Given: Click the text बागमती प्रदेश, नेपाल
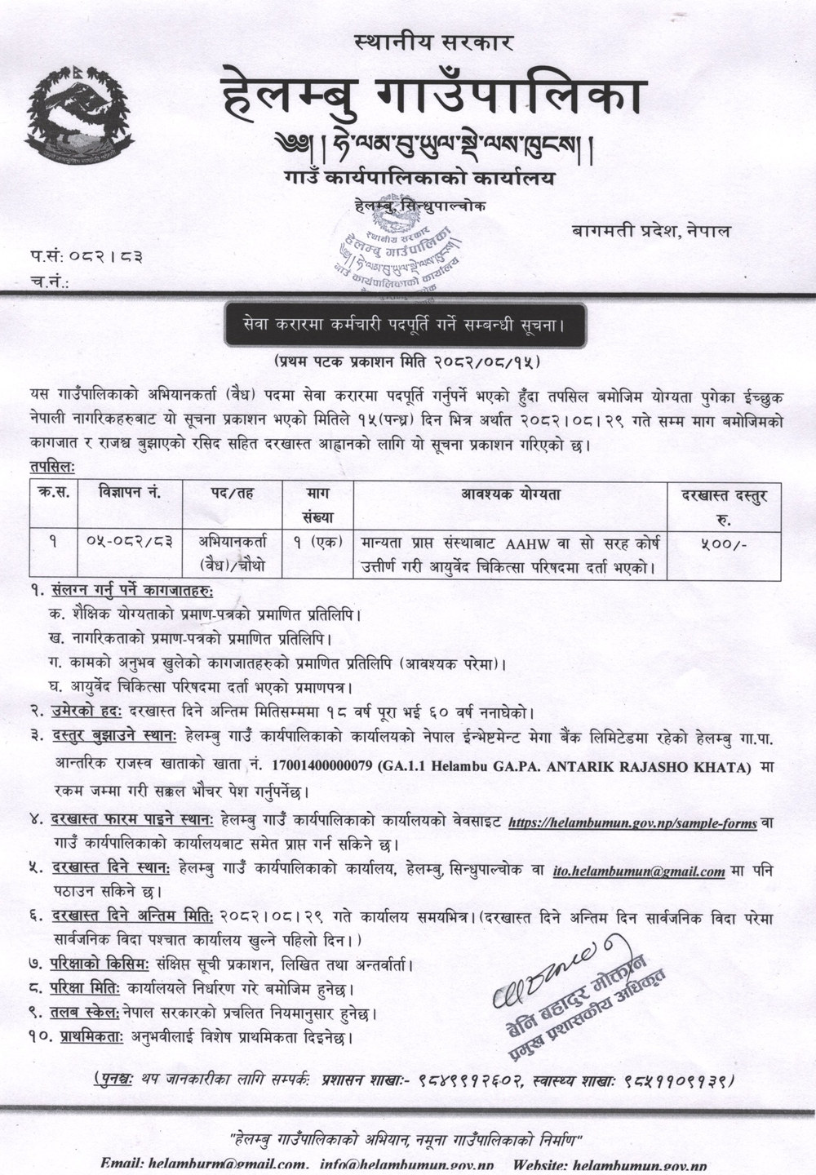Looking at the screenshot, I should [x=651, y=231].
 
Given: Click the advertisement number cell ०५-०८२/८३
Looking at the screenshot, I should [x=130, y=543].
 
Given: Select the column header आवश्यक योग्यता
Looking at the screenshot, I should [x=511, y=494].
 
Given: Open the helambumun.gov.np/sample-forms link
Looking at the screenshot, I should [x=632, y=824].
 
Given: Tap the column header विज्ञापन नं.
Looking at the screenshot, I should [x=130, y=494].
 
